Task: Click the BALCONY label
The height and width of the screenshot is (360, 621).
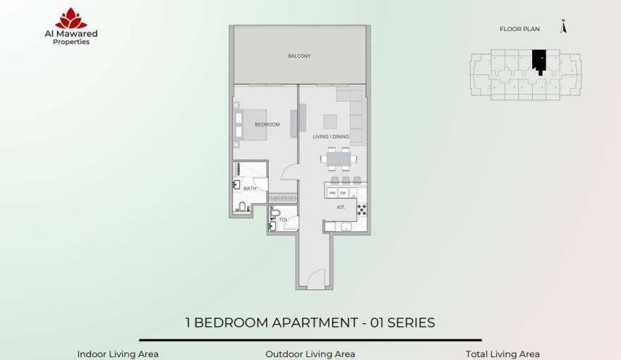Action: pyautogui.click(x=299, y=56)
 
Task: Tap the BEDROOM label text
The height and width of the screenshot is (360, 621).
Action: pyautogui.click(x=267, y=124)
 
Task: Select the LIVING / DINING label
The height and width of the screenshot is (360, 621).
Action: pyautogui.click(x=331, y=137)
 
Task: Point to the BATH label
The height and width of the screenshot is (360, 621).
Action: pyautogui.click(x=250, y=188)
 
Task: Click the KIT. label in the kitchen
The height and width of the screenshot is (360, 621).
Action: pyautogui.click(x=341, y=208)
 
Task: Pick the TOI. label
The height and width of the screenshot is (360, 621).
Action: pyautogui.click(x=283, y=220)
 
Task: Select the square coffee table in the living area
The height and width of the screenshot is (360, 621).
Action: pyautogui.click(x=330, y=121)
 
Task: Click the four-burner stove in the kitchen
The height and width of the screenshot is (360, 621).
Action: pyautogui.click(x=361, y=210)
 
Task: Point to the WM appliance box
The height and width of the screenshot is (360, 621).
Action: pyautogui.click(x=332, y=193)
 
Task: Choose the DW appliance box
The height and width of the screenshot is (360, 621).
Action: pyautogui.click(x=343, y=193)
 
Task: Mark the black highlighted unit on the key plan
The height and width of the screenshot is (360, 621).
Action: pyautogui.click(x=539, y=59)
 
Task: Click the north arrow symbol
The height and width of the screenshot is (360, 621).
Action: pyautogui.click(x=563, y=27)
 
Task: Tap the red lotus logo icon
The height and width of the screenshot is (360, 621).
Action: pyautogui.click(x=71, y=18)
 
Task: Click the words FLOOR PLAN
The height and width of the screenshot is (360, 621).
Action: pyautogui.click(x=519, y=29)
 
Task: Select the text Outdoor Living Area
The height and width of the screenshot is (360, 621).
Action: pyautogui.click(x=310, y=354)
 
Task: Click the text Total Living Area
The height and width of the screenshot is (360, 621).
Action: pyautogui.click(x=502, y=354)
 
